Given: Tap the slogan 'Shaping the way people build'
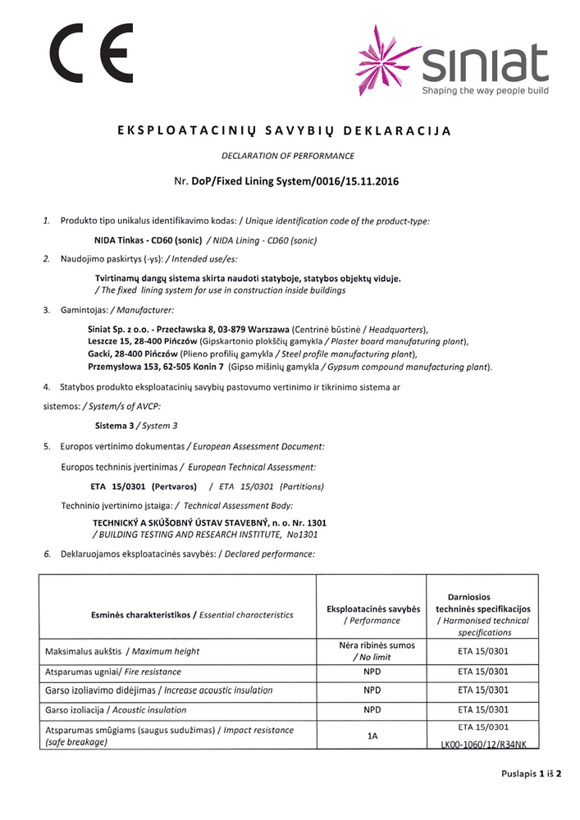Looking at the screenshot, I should coord(485,90).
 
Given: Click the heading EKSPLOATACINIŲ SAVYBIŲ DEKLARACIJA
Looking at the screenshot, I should coord(290,131).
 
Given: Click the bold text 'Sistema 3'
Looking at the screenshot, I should coord(115,426).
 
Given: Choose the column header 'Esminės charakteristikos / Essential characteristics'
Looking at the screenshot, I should coord(192,614).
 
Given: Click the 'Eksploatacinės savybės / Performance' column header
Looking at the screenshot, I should coord(373,614).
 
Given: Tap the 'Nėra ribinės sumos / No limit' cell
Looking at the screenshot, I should coord(372,651).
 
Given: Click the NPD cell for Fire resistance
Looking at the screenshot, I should coord(372,672).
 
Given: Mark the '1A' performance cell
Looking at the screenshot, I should coord(372,736).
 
